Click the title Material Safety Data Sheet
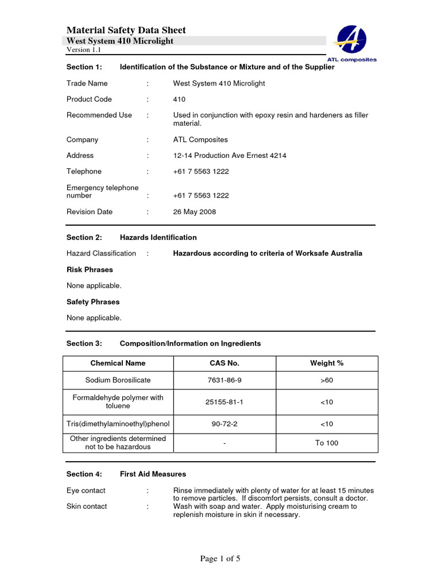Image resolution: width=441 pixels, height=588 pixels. click(x=126, y=30)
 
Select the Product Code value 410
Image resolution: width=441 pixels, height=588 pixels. click(x=179, y=99)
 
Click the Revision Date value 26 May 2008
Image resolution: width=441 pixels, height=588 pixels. click(x=195, y=212)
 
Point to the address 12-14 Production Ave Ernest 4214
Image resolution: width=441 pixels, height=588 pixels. click(x=230, y=156)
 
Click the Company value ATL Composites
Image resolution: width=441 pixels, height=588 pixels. click(x=200, y=140)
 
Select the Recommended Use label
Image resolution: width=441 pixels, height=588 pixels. click(x=99, y=115)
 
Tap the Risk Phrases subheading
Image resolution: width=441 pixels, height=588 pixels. click(x=90, y=270)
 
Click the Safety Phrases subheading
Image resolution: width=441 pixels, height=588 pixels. click(x=93, y=302)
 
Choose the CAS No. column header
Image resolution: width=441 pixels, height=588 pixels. click(x=225, y=363)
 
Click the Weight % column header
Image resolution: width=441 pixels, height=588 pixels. click(x=327, y=363)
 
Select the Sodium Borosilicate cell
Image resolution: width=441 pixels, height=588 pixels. click(x=118, y=381)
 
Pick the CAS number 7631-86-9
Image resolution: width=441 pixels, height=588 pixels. click(x=225, y=381)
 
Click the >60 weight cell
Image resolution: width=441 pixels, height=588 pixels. click(x=327, y=381)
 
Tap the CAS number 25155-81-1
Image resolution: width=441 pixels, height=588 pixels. click(x=225, y=402)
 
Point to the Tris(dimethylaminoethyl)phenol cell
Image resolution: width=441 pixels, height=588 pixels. click(x=118, y=424)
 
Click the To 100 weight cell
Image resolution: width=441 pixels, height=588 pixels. click(x=327, y=443)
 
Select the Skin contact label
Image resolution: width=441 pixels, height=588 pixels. click(x=87, y=506)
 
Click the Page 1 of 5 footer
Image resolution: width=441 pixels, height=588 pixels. click(x=220, y=559)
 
